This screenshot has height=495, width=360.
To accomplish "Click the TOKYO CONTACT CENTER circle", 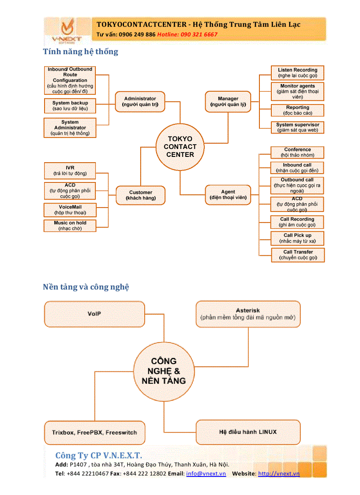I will [x=180, y=147].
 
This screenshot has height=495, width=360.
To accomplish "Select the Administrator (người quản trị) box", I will [x=140, y=102].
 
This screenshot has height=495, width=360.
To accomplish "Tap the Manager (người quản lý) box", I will [x=228, y=102].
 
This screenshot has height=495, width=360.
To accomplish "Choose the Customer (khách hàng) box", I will [x=140, y=195].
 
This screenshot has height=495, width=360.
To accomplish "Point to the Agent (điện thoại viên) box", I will [x=228, y=195].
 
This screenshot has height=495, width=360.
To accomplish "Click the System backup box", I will [x=70, y=106].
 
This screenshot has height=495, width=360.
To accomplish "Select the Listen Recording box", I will [x=297, y=73].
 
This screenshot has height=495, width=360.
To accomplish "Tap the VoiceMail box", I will [x=70, y=210].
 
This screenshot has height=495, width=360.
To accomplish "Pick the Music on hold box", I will [x=70, y=226].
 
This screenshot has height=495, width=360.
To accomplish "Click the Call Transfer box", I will [x=298, y=255].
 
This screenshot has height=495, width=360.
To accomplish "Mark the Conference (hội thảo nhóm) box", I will [x=297, y=153].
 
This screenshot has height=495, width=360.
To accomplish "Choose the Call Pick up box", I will [x=297, y=238].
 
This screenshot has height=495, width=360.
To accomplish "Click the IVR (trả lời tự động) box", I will [x=70, y=171].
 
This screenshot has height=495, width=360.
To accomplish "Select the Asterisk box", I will [x=248, y=314].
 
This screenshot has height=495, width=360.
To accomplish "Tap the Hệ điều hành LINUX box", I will [x=248, y=432].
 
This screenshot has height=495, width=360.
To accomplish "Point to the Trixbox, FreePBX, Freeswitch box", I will [x=94, y=432].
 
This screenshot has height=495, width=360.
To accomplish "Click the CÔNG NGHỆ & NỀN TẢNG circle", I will [x=164, y=371].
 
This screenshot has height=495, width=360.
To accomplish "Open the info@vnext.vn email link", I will [x=206, y=473].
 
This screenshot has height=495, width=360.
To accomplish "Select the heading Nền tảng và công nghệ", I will [x=86, y=287].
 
